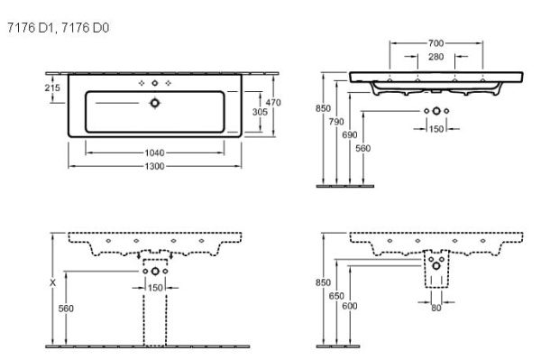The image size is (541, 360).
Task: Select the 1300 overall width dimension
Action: coord(154,169)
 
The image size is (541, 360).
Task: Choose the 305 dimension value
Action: coord(258,113)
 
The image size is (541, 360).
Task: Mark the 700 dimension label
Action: coord(436,43)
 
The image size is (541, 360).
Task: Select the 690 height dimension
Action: coord(349,134)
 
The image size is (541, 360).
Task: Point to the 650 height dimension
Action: coord(336,295)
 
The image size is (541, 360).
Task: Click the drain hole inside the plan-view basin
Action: coord(155,103)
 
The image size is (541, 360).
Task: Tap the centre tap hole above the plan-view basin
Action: coord(155,83)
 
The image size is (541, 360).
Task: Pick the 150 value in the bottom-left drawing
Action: coord(154,287)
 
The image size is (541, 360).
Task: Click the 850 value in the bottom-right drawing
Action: coord(322,282)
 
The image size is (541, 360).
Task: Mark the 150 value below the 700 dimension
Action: coord(436,129)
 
